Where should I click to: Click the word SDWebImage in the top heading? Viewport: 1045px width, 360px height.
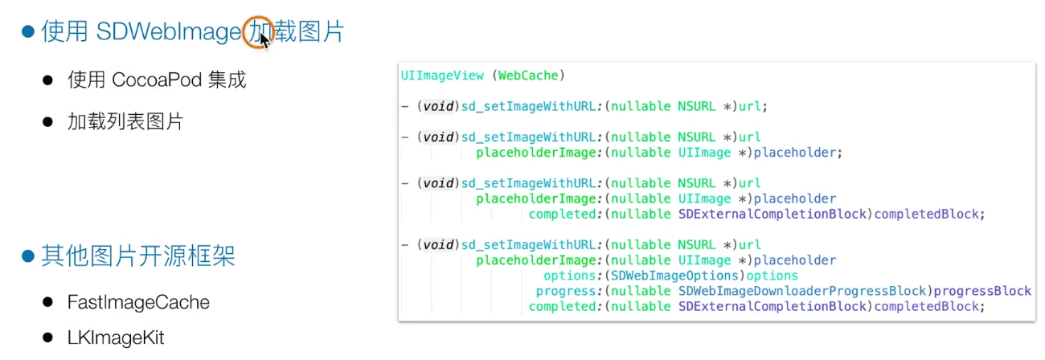coord(168,32)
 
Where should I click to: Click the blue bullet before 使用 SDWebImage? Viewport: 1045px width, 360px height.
coord(28,32)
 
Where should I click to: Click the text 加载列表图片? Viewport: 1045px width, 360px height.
coord(125,121)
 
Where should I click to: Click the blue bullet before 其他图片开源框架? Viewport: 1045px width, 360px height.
coord(28,256)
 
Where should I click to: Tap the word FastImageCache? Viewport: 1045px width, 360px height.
coord(138,302)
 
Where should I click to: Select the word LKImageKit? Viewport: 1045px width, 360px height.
coord(116,337)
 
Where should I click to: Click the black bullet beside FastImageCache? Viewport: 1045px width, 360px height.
coord(48,302)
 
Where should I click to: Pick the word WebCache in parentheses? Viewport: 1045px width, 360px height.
coord(528,76)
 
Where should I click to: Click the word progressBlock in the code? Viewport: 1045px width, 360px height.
coord(983,291)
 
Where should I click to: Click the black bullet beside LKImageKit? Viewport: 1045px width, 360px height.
coord(48,337)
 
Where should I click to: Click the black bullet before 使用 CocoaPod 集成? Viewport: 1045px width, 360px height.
coord(48,80)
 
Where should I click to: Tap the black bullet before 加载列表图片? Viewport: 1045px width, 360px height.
coord(48,122)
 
